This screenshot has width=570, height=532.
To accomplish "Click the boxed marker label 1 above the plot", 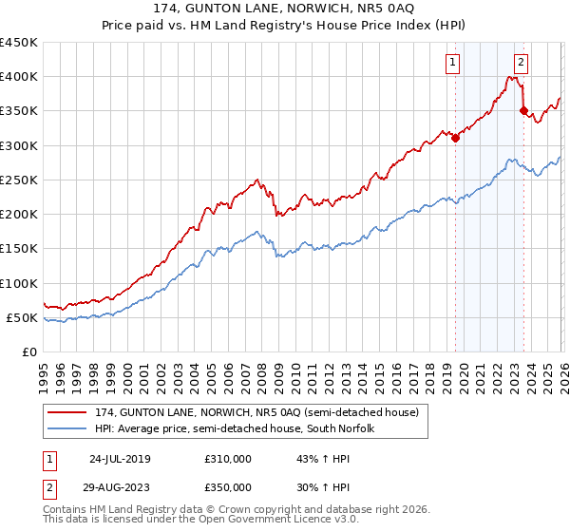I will [452, 64].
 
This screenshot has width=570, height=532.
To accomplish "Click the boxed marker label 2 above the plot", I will [522, 64].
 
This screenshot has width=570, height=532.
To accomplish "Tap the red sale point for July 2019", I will [455, 138].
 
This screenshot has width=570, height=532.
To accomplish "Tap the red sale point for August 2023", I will [523, 110].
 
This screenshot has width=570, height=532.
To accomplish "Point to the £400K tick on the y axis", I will [19, 77].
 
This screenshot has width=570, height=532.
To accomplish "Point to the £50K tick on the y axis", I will [23, 318].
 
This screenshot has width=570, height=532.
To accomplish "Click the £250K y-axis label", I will [19, 180].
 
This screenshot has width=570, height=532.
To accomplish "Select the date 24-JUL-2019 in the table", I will [120, 459].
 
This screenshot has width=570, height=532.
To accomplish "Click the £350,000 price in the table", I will [227, 487].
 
